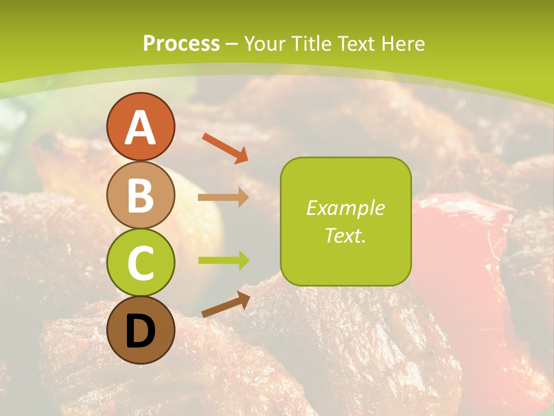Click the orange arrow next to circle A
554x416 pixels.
[x=225, y=147]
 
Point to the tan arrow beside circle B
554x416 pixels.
[x=223, y=198]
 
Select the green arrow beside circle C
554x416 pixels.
[x=223, y=261]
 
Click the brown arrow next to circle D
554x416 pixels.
[x=226, y=305]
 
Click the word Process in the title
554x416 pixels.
[x=181, y=43]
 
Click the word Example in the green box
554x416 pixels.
[x=345, y=208]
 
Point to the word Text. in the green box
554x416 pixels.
[x=345, y=236]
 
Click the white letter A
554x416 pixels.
[x=140, y=128]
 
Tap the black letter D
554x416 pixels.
[x=140, y=332]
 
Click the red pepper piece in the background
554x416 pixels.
[x=462, y=243]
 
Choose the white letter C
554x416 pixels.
[x=140, y=263]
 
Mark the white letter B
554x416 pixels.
[x=140, y=195]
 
